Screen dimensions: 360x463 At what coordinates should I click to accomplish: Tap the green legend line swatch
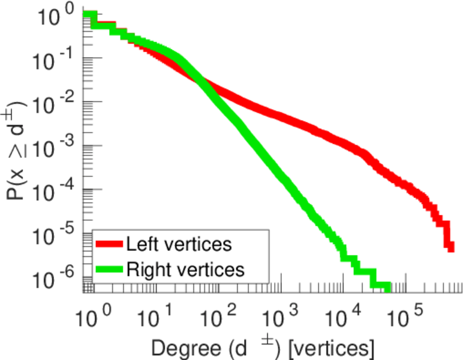109,269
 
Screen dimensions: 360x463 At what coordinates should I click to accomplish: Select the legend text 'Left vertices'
178,245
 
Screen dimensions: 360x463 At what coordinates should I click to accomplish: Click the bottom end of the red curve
450,246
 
